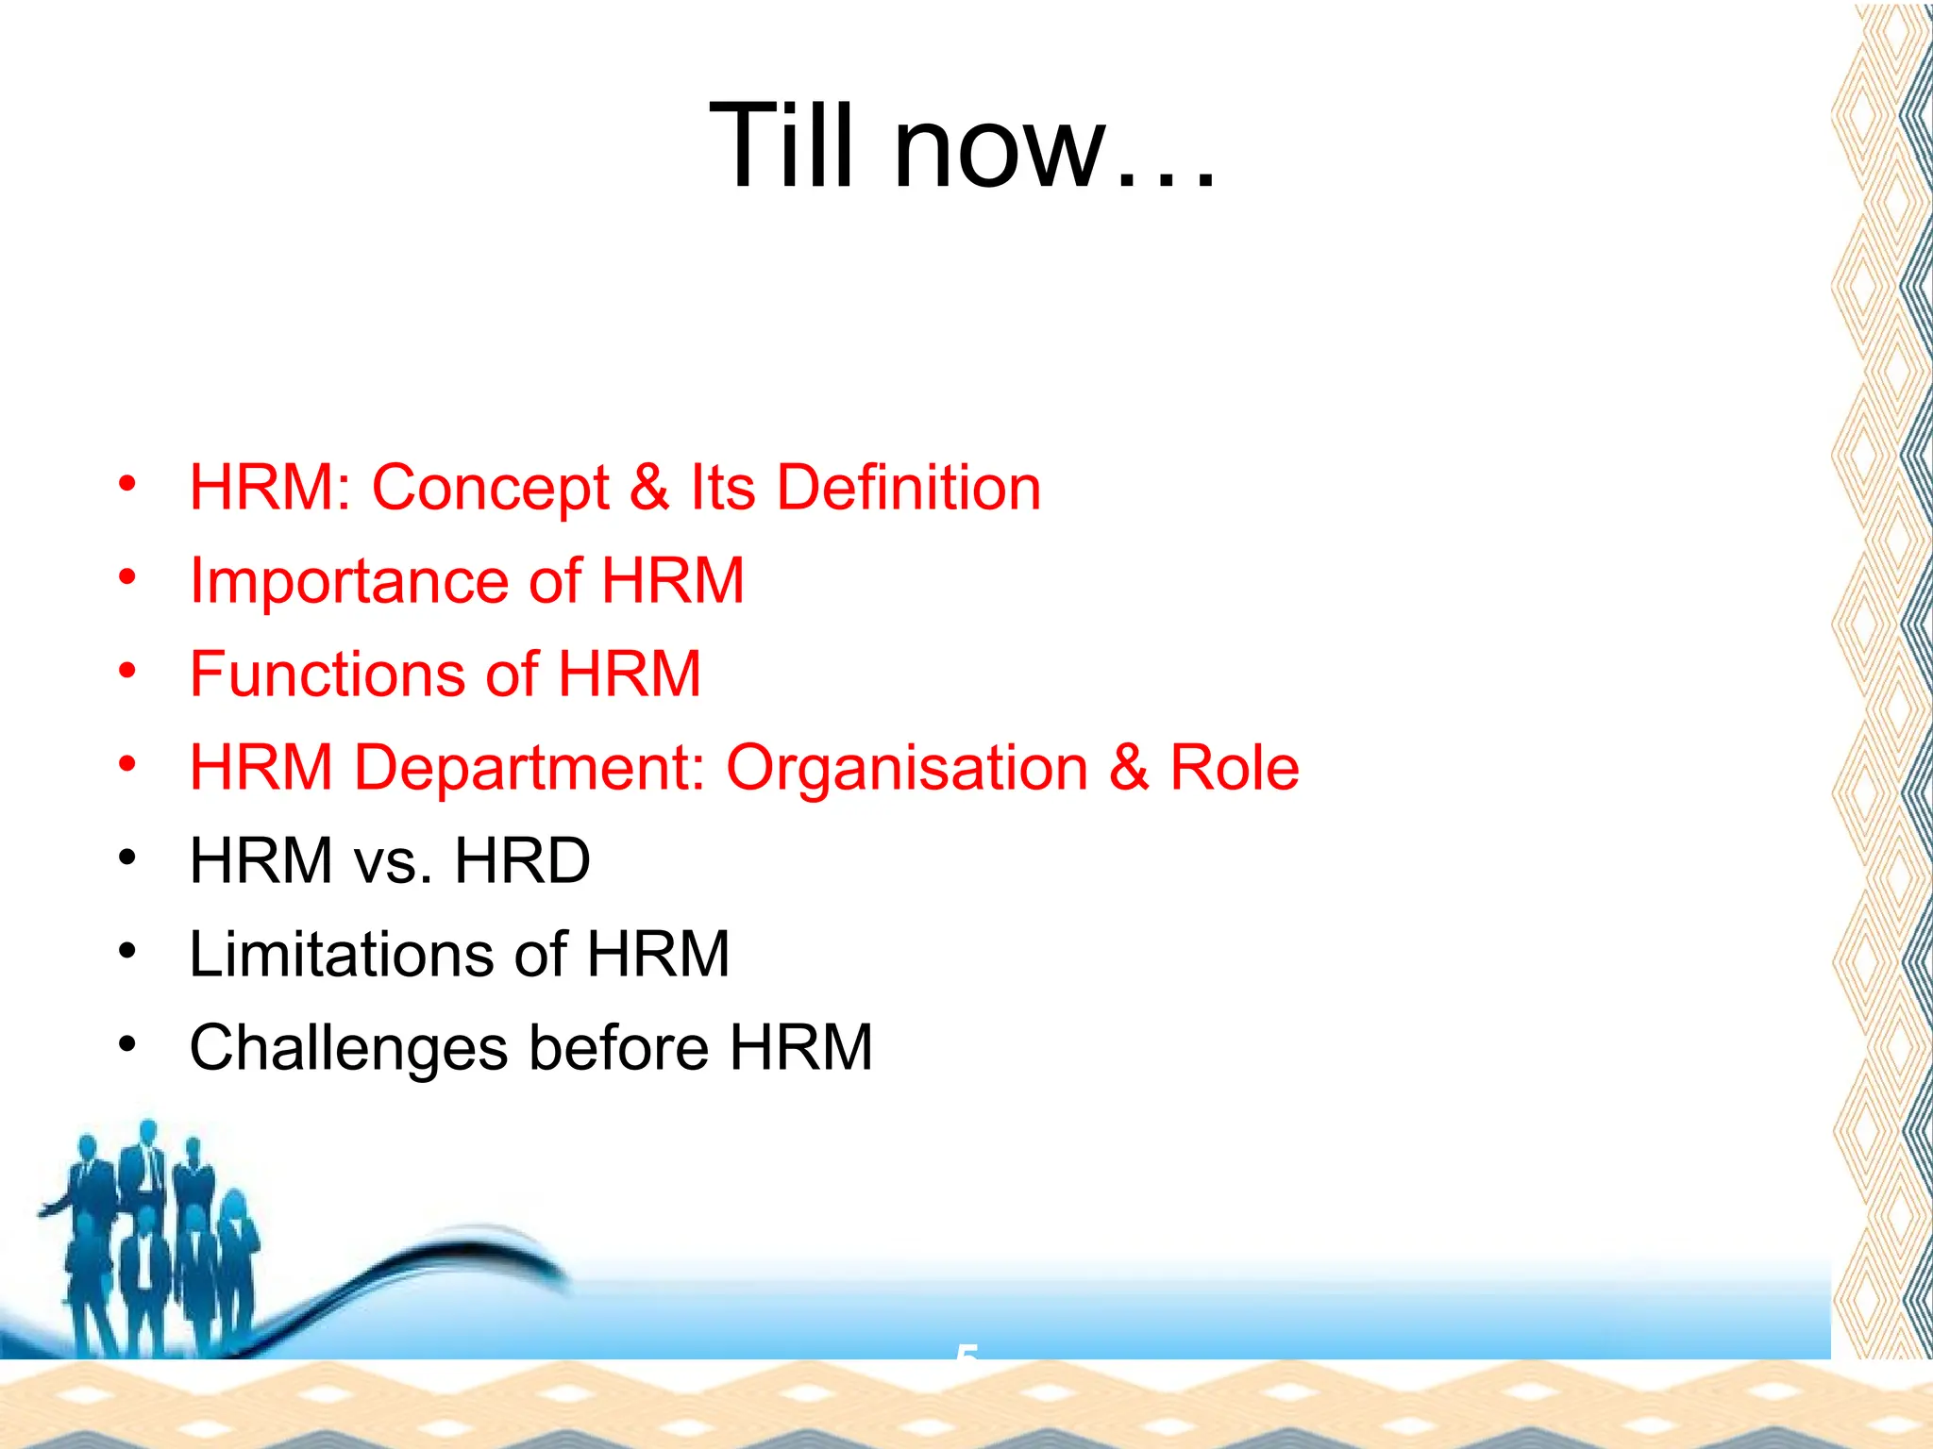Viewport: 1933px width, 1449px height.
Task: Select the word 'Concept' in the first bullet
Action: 491,488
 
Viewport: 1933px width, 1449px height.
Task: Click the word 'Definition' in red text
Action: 909,488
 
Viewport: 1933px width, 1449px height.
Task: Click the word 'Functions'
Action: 327,674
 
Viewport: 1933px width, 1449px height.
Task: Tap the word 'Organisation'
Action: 906,768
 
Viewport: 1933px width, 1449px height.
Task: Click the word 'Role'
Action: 1234,767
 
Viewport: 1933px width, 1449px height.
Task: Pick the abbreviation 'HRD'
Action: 522,860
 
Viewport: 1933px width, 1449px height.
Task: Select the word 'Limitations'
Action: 342,954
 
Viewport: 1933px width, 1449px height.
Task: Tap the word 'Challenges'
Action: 348,1049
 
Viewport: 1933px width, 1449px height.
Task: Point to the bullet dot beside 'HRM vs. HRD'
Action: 127,858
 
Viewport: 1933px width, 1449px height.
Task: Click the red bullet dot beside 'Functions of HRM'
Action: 127,671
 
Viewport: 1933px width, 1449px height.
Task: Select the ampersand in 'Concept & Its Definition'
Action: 649,488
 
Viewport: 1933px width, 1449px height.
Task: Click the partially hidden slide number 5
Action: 966,1353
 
